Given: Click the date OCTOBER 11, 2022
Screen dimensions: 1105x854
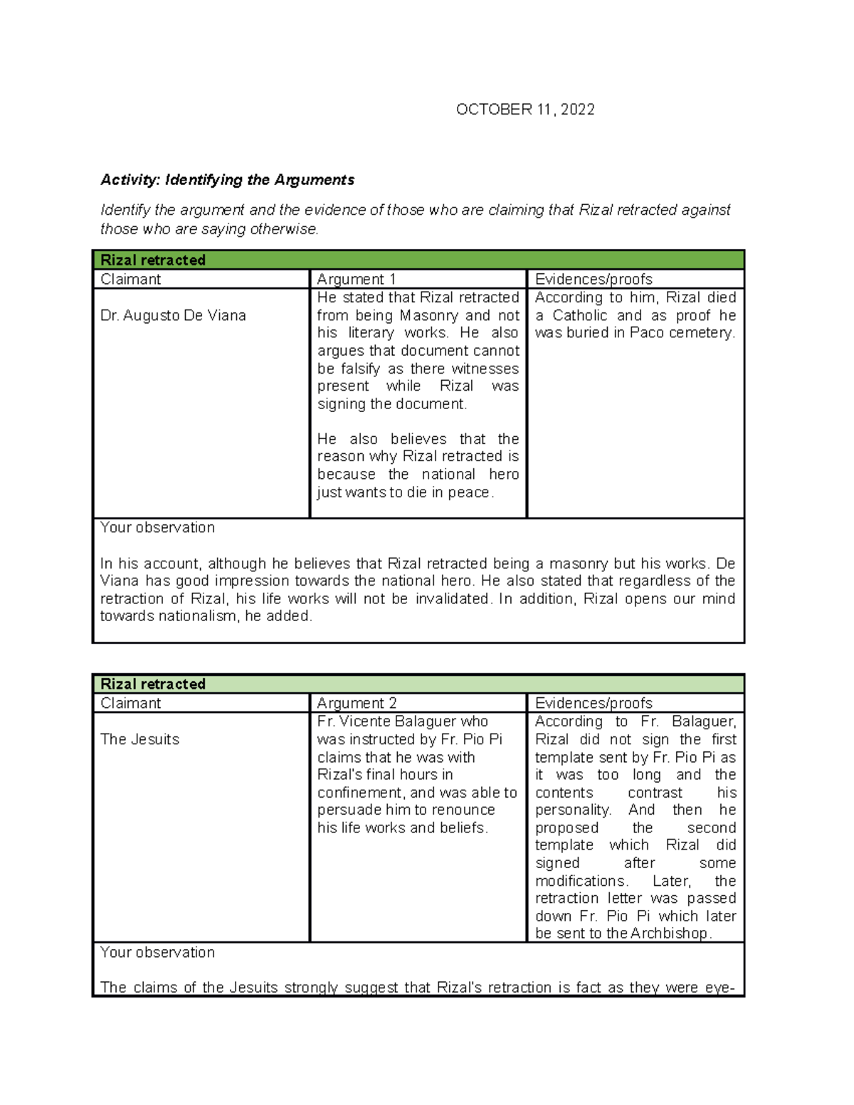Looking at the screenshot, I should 525,110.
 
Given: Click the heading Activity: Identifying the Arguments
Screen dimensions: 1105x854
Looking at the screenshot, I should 227,180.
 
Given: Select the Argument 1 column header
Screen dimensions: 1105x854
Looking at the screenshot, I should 356,279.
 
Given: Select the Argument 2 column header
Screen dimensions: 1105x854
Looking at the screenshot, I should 357,703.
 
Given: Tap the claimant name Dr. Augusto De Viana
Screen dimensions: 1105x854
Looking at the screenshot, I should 173,315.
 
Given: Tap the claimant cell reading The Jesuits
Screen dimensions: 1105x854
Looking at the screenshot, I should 139,739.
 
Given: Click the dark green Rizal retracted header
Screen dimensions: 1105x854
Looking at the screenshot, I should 153,260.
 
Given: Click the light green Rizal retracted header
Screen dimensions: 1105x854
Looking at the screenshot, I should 153,684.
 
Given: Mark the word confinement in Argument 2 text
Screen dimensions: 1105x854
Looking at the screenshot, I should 360,793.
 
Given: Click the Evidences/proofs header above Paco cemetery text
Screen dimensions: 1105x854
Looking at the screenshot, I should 594,279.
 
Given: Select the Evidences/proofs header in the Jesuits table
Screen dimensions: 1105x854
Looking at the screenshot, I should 594,703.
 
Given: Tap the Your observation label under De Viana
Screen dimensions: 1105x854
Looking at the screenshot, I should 157,528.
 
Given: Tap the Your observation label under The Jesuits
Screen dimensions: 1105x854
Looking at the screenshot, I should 157,952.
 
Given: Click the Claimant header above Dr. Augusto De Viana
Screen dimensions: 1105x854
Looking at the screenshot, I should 130,279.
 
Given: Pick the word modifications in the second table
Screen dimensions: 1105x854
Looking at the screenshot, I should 581,881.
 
